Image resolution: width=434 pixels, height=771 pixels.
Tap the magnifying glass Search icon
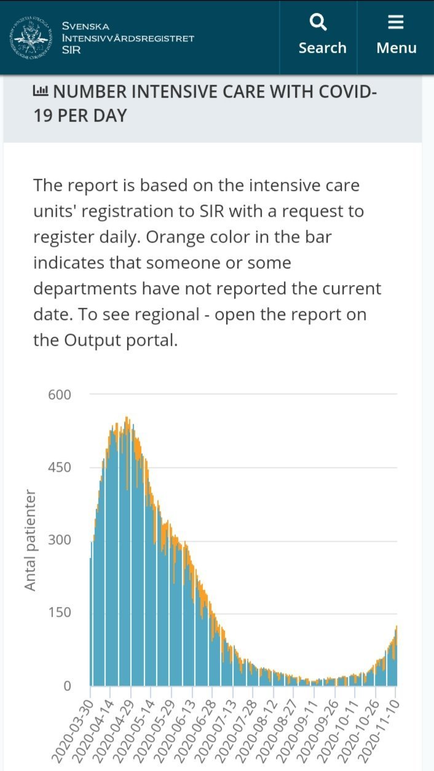tap(318, 23)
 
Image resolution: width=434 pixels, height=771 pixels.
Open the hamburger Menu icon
tap(396, 23)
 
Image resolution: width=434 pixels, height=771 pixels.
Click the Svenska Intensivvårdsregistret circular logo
tap(30, 37)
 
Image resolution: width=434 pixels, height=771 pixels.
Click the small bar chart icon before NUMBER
tap(41, 92)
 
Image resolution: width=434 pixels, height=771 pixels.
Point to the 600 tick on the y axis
tap(60, 394)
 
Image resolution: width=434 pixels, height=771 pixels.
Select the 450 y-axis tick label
tap(60, 468)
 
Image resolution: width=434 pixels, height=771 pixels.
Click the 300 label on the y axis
tap(60, 540)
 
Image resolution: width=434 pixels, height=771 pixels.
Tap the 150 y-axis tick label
tap(60, 612)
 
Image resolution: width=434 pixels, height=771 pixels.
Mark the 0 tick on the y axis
tap(68, 686)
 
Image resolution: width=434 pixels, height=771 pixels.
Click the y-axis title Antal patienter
tap(31, 541)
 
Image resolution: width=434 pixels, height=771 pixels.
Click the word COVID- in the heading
tap(345, 92)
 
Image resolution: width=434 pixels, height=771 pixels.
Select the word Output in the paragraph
tap(91, 340)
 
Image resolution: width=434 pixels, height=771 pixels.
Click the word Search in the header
tap(322, 48)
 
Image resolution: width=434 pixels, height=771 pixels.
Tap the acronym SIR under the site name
tap(71, 50)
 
